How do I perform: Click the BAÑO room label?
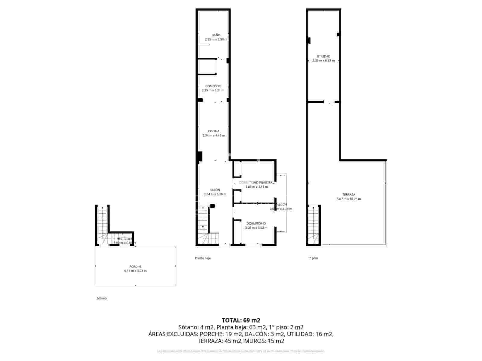(x=216, y=35)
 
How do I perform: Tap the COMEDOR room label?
(x=213, y=86)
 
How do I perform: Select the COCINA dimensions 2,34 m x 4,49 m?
(x=214, y=135)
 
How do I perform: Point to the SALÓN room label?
(x=215, y=190)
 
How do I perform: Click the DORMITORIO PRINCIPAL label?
(x=257, y=183)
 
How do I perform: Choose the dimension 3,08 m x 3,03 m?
(x=256, y=228)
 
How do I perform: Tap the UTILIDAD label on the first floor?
(x=324, y=56)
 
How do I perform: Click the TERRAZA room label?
(x=349, y=195)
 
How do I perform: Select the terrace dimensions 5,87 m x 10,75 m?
(x=349, y=199)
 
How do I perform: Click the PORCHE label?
(x=135, y=267)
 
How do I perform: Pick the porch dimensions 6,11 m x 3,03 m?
(x=135, y=271)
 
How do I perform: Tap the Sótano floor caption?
(x=102, y=298)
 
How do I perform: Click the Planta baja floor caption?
(x=203, y=258)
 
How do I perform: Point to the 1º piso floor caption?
(x=313, y=258)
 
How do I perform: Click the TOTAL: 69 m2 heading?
(x=241, y=320)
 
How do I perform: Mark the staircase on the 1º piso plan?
(x=313, y=224)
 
